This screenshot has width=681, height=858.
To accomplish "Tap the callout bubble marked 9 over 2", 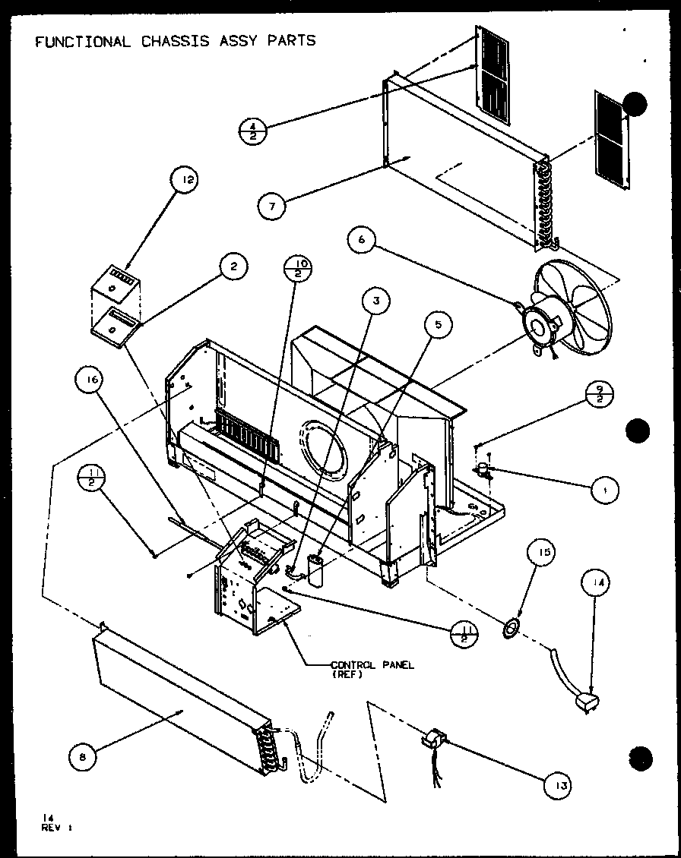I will pos(600,396).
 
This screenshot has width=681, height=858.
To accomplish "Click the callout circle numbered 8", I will pos(83,756).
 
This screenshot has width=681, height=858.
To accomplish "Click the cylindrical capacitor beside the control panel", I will pos(313,569).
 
